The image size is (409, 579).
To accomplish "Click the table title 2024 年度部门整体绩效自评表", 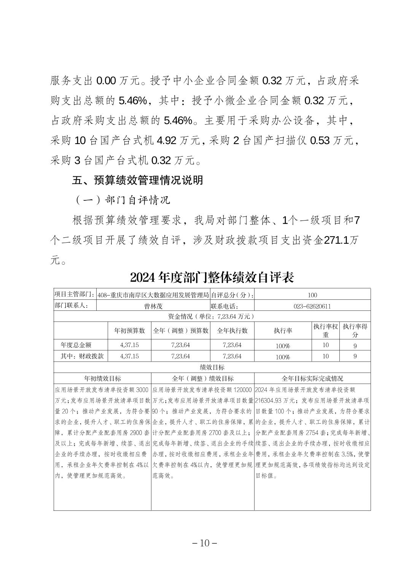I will coord(212,277).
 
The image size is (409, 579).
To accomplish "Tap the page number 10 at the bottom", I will coord(205,543).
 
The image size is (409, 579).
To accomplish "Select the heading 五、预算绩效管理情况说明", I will coord(137,180).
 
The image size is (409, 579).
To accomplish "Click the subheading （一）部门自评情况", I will coord(122,200).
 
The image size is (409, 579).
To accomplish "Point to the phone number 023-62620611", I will coord(312,306).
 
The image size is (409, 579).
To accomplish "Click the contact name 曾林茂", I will coord(153,306).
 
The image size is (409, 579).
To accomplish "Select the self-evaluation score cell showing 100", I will coord(312,295).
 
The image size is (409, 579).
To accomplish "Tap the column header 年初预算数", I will coord(129,331).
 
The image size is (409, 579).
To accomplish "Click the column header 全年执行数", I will coord(232,331).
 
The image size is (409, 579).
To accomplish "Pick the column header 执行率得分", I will coord(355,331).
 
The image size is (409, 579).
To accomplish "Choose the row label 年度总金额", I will coord(76,345).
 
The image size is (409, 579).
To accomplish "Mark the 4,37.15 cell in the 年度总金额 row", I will coord(129,345).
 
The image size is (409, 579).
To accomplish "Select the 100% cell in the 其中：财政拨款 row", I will coord(283,357).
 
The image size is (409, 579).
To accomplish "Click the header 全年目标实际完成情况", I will coord(312,379).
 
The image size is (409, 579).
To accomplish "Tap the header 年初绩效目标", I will coord(102,379).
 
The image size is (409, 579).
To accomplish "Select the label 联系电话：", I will coord(225,306).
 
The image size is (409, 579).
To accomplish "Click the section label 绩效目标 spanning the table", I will coord(212,367).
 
